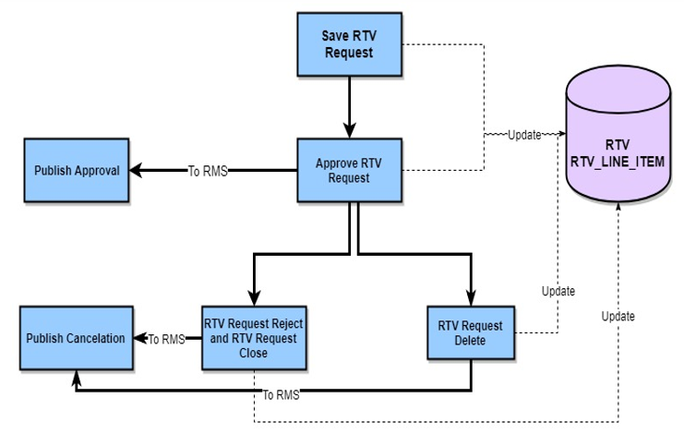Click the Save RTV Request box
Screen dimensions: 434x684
click(347, 45)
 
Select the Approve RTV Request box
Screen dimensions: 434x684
click(348, 170)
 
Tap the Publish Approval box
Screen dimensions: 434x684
click(77, 171)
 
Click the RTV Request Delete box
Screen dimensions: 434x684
click(471, 333)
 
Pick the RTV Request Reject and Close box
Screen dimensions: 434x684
click(252, 338)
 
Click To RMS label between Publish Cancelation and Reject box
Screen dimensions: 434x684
click(167, 339)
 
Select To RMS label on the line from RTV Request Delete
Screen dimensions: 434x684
click(282, 395)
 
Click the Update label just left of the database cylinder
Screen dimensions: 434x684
click(523, 135)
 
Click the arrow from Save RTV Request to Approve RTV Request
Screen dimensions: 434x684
click(348, 107)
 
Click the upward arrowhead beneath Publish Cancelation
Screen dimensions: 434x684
click(77, 376)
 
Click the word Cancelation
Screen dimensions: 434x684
click(95, 338)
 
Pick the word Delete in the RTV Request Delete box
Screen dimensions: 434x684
click(471, 341)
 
